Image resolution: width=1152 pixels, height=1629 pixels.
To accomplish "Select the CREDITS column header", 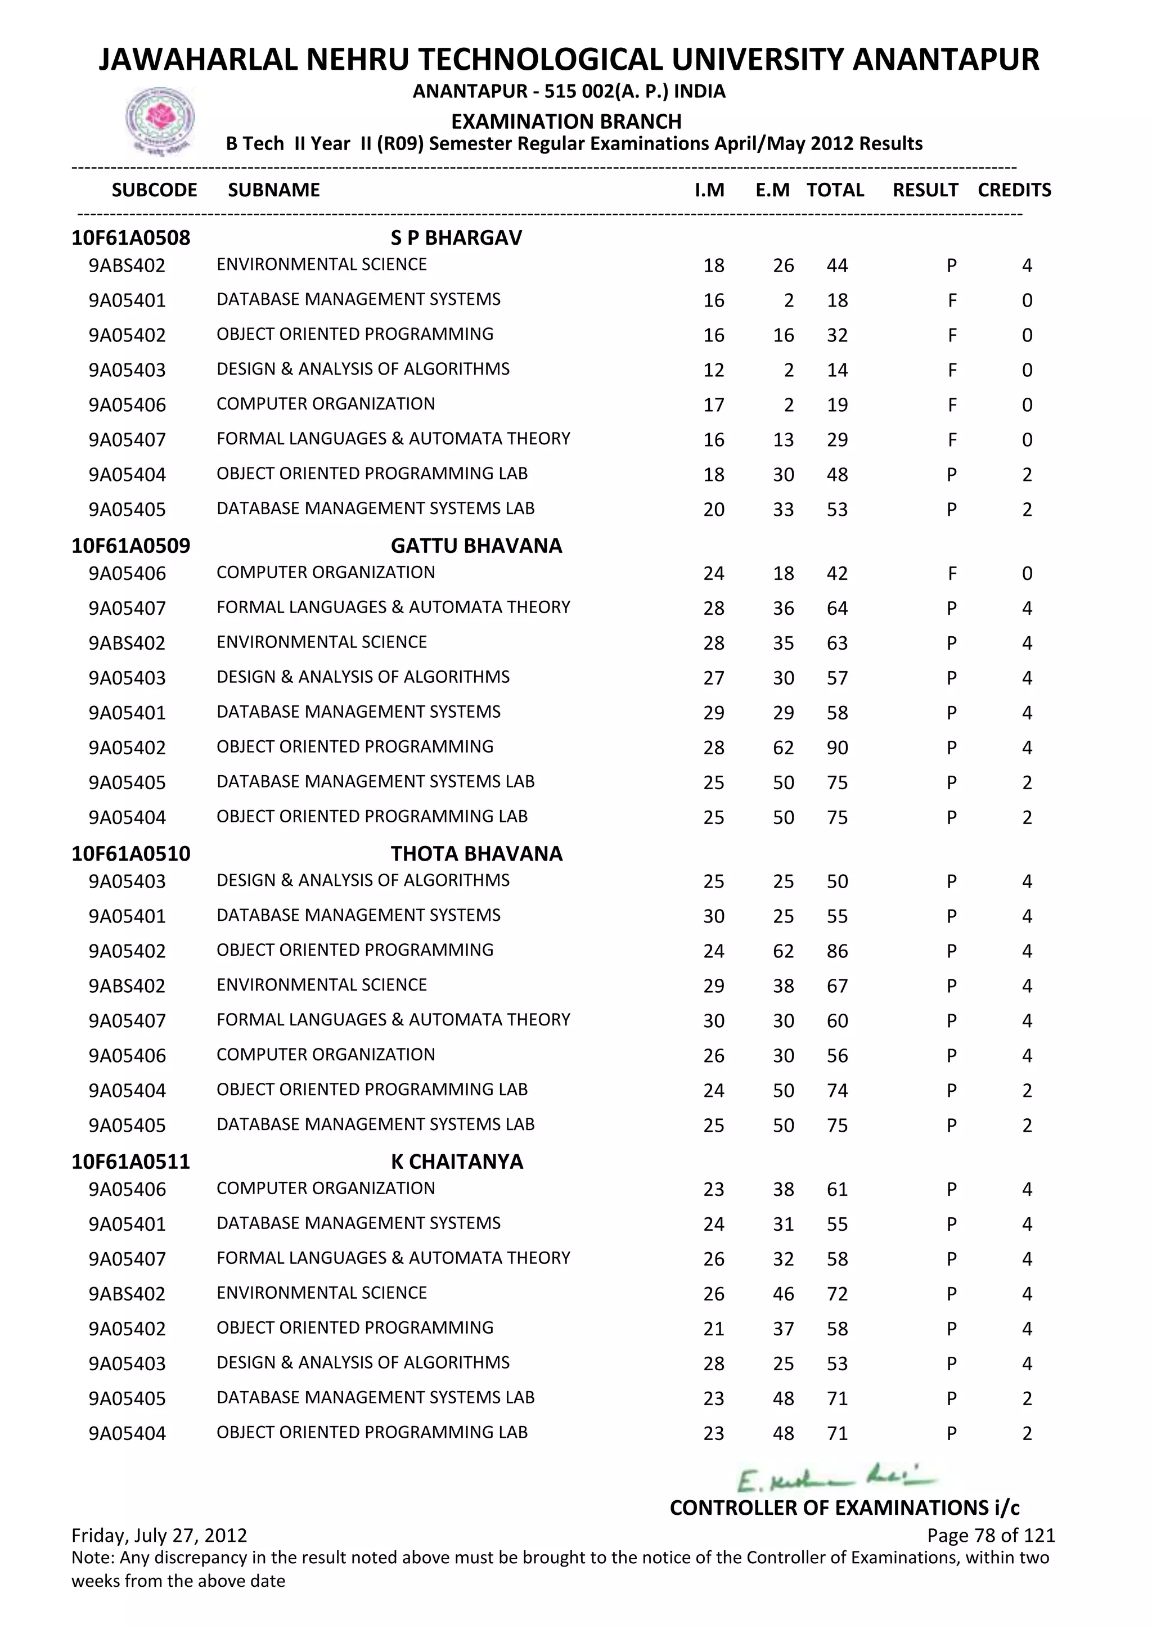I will tap(1014, 190).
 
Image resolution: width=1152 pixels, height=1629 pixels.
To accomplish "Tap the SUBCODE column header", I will tap(154, 190).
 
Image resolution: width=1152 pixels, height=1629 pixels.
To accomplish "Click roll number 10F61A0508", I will tap(130, 238).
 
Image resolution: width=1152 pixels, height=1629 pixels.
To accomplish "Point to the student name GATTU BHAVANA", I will tap(476, 546).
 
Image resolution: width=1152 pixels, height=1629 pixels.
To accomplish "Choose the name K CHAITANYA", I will tap(457, 1162).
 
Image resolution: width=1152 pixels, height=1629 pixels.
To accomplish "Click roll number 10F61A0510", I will tap(130, 853).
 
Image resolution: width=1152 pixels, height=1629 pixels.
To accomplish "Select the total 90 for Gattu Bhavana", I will tap(837, 748).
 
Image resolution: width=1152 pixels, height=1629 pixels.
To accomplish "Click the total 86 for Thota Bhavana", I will tap(837, 951).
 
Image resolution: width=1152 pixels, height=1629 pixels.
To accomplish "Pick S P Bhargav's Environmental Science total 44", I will tap(837, 266).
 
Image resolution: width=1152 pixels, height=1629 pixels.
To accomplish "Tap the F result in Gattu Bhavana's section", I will tap(952, 573).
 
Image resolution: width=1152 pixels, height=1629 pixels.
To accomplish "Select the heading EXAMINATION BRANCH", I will tap(566, 121).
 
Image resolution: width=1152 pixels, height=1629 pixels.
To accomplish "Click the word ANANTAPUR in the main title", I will tap(946, 60).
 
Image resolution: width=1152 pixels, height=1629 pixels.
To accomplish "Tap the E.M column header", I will tap(772, 190).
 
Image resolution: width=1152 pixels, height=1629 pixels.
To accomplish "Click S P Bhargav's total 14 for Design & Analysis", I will tap(837, 370).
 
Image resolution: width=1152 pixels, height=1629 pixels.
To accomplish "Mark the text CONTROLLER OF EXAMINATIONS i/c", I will tap(844, 1507).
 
